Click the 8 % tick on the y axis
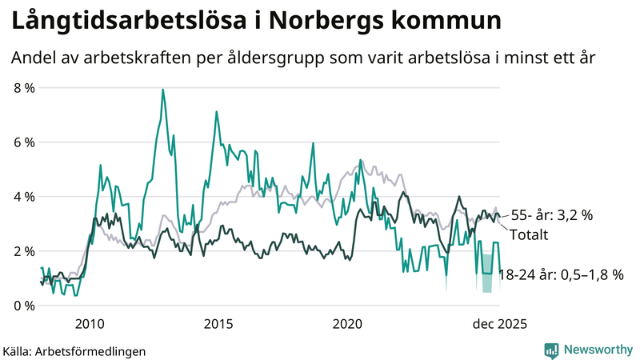[x=24, y=88]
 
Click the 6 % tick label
[x=24, y=142]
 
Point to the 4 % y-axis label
[x=24, y=197]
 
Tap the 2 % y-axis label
[x=24, y=251]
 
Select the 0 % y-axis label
[x=24, y=306]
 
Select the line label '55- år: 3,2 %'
[x=552, y=215]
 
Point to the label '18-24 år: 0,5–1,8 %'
[x=561, y=275]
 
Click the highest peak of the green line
[x=163, y=90]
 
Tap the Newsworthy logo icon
[x=551, y=350]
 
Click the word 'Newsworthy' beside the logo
[x=596, y=350]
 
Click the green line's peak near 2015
[x=216, y=112]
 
